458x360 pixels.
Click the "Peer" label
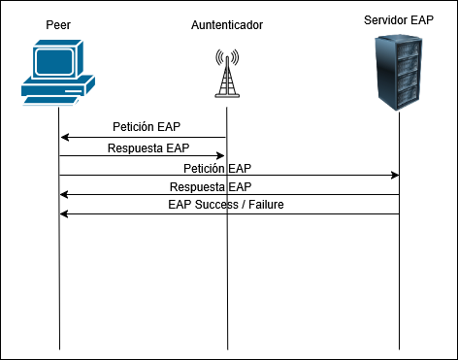pyautogui.click(x=58, y=22)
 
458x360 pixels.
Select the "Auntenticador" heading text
pyautogui.click(x=227, y=22)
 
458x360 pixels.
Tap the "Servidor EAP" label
pyautogui.click(x=398, y=19)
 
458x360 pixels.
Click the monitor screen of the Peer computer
pyautogui.click(x=56, y=61)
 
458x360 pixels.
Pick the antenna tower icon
pyautogui.click(x=227, y=74)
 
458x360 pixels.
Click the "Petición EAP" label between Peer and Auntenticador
pyautogui.click(x=147, y=127)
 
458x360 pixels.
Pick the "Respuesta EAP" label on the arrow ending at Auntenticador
pyautogui.click(x=148, y=148)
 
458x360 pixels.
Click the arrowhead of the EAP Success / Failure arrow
pyautogui.click(x=64, y=214)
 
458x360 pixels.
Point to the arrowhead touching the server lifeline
pyautogui.click(x=395, y=176)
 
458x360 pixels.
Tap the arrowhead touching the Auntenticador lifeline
pyautogui.click(x=221, y=155)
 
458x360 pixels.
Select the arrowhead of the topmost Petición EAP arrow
pyautogui.click(x=64, y=137)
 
